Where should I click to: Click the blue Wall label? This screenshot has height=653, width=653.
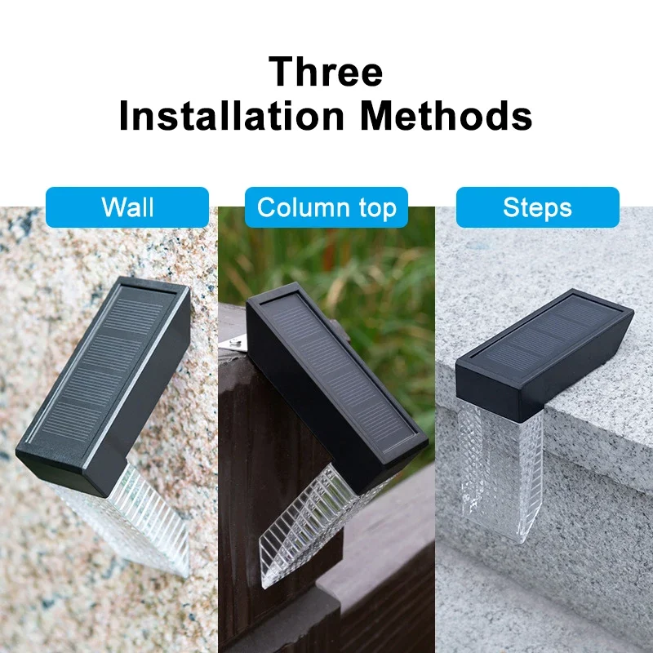[127, 207]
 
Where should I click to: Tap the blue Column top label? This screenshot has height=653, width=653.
[326, 207]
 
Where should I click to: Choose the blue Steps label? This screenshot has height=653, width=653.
[537, 207]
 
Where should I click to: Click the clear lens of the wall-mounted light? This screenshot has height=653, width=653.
[143, 514]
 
